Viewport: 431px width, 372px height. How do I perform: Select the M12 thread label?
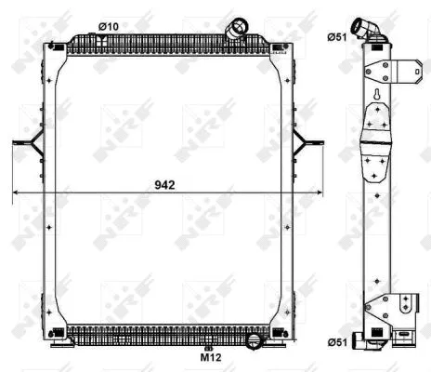tap(211, 356)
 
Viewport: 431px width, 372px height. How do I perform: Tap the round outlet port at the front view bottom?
tap(255, 341)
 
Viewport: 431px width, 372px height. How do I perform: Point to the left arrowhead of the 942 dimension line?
tap(14, 193)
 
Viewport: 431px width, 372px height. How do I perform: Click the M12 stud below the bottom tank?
tap(208, 348)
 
